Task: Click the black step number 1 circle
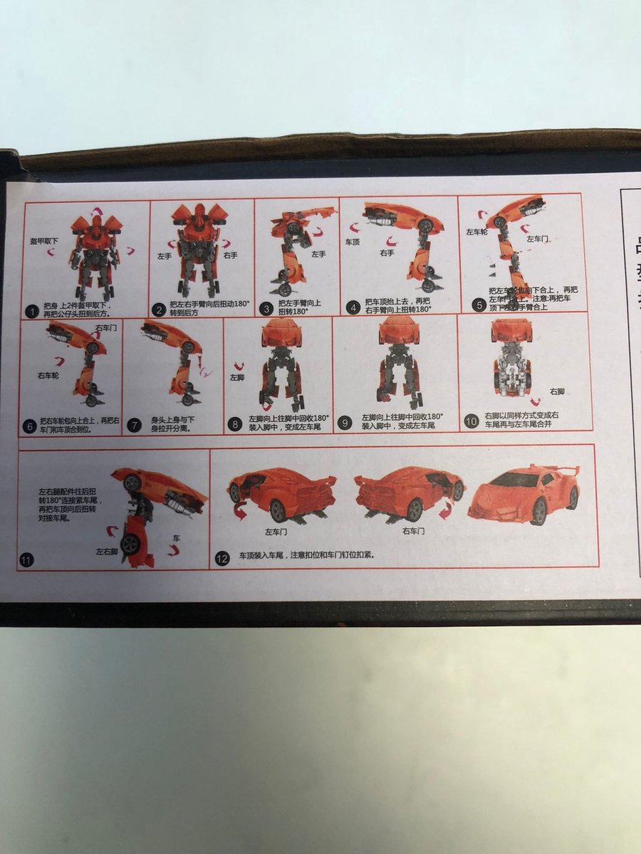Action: pyautogui.click(x=31, y=311)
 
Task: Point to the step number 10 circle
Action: pyautogui.click(x=470, y=421)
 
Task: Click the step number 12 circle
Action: pyautogui.click(x=222, y=559)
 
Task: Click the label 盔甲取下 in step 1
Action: pyautogui.click(x=44, y=242)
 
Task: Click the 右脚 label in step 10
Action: pyautogui.click(x=557, y=391)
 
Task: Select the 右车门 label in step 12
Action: pyautogui.click(x=415, y=531)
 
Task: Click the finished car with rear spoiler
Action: pyautogui.click(x=523, y=492)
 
